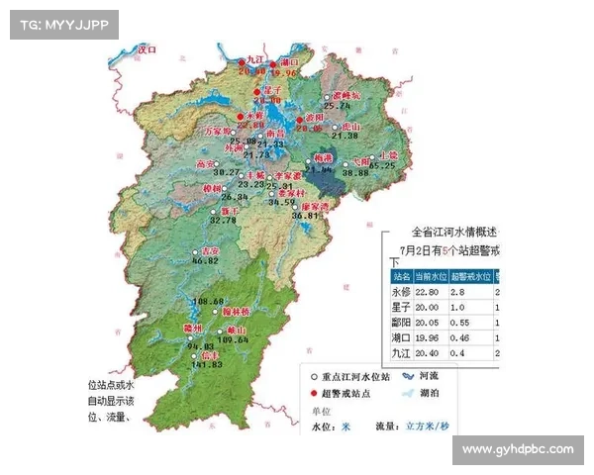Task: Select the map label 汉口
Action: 148,47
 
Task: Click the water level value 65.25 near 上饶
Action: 383,166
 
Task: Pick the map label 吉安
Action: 207,251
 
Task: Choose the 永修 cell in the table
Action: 401,292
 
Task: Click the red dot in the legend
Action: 314,394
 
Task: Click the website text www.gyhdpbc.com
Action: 518,449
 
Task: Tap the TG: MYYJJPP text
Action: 62,24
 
